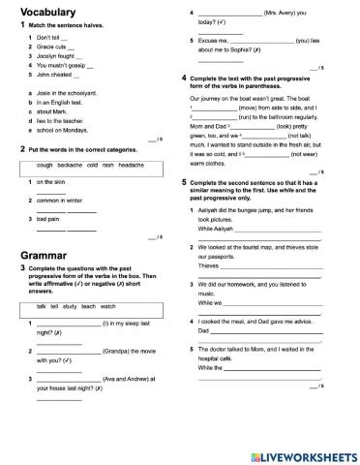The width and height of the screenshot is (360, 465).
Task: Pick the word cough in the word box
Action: point(31,166)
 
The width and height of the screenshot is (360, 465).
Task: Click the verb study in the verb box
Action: point(78,306)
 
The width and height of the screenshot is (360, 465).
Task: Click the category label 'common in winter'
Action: point(53,201)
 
